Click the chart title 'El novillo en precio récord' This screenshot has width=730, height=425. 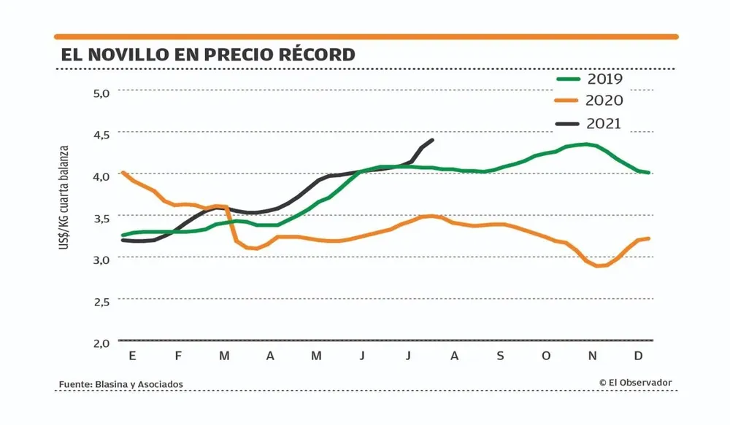(208, 55)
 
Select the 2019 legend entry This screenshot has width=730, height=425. (590, 79)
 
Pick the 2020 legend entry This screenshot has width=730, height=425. (590, 101)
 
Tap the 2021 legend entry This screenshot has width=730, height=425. (590, 123)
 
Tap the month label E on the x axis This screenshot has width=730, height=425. (132, 356)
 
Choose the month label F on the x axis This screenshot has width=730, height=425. (178, 356)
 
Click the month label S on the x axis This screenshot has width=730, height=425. (500, 356)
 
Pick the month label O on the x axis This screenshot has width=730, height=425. (546, 356)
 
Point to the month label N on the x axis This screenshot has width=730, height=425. (593, 356)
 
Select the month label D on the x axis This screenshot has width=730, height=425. (638, 356)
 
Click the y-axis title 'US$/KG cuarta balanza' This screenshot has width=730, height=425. (65, 198)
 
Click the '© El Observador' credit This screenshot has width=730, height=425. (635, 383)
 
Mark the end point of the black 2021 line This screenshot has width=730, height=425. (433, 140)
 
